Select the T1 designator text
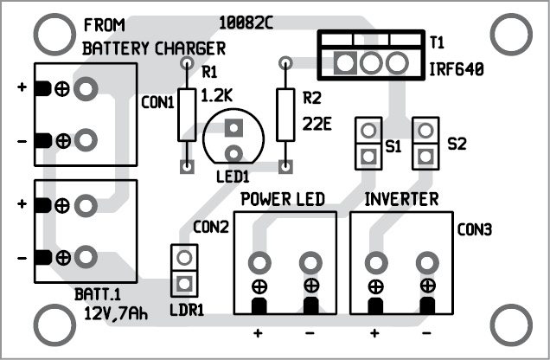tap(436, 41)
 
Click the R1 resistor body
tap(186, 114)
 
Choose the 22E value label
tap(318, 123)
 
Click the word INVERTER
tap(401, 200)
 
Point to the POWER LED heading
tap(282, 200)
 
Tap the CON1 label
tap(158, 102)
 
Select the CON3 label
tap(475, 230)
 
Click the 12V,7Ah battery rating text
tap(116, 312)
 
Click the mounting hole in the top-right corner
tap(509, 35)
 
